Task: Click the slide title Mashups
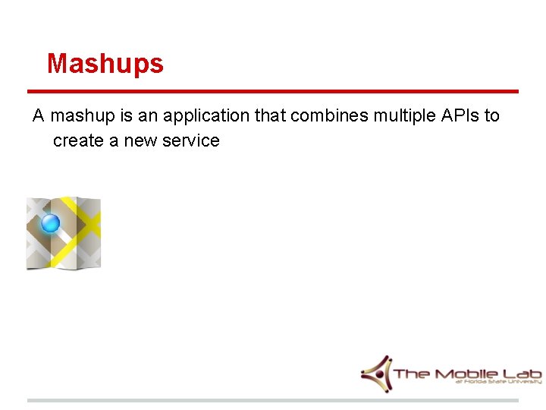[x=105, y=64]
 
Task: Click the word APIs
[x=460, y=116]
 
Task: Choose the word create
[x=78, y=140]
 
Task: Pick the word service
[x=191, y=140]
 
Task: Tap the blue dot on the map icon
[x=50, y=223]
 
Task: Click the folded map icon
[x=64, y=233]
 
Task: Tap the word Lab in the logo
[x=523, y=374]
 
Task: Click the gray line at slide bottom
[x=273, y=400]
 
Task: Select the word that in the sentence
[x=268, y=116]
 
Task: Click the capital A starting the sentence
[x=39, y=116]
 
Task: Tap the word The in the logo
[x=412, y=374]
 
